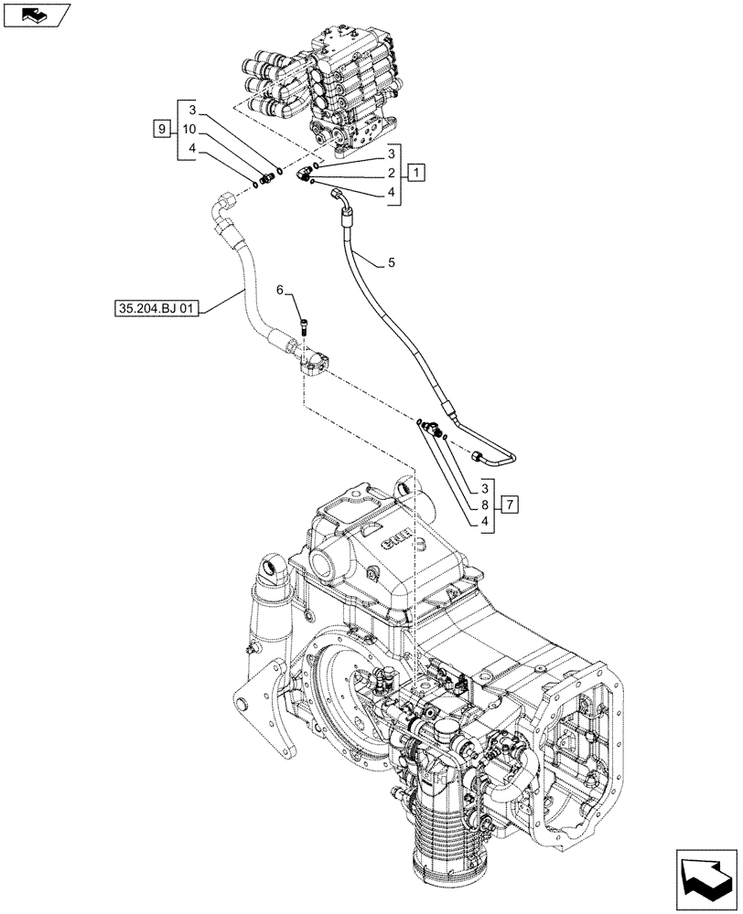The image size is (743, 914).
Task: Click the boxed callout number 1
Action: click(x=416, y=172)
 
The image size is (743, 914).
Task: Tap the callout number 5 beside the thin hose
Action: click(x=391, y=263)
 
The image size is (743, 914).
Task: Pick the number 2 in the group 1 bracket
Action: click(x=390, y=172)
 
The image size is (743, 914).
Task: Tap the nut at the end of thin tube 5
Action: click(x=479, y=455)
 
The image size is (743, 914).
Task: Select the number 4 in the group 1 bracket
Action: click(x=390, y=193)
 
